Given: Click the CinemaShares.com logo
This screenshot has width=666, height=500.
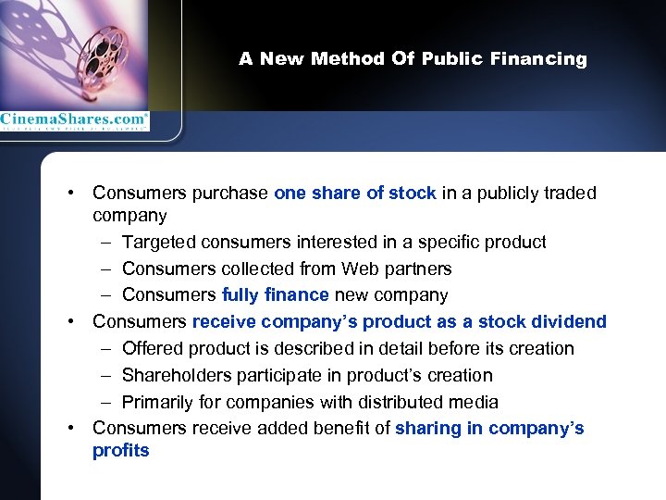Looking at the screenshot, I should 74,119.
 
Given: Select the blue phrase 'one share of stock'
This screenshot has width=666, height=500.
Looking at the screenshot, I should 355,194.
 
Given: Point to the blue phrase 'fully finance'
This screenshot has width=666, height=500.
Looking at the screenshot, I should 276,295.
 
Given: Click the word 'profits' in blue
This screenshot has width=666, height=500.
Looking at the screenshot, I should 120,451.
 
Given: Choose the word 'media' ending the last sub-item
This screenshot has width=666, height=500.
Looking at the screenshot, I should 474,402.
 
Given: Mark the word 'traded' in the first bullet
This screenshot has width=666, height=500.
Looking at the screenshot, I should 571,194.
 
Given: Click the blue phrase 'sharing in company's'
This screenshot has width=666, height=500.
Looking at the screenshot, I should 489,429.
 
